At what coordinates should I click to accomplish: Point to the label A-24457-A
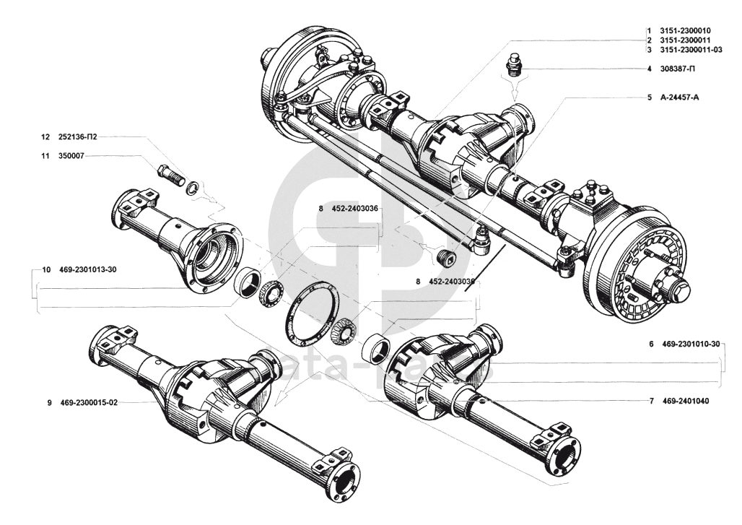(x=680, y=97)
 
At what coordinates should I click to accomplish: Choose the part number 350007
(x=71, y=155)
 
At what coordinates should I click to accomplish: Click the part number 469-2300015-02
(x=89, y=403)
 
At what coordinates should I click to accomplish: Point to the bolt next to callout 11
(x=170, y=175)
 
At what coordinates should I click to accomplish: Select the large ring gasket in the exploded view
(x=311, y=315)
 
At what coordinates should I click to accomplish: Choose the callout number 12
(x=45, y=136)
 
